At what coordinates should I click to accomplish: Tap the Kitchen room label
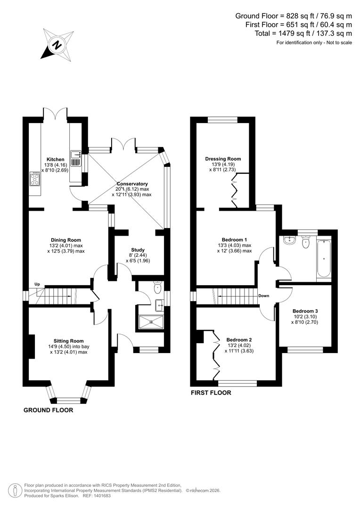pyautogui.click(x=55, y=159)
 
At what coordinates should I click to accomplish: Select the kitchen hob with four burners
pyautogui.click(x=35, y=179)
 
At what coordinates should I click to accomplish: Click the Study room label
pyautogui.click(x=138, y=250)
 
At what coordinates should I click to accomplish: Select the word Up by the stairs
pyautogui.click(x=37, y=284)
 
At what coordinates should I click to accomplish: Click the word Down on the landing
pyautogui.click(x=264, y=296)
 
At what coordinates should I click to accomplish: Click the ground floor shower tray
pyautogui.click(x=151, y=322)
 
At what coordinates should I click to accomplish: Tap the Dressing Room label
pyautogui.click(x=223, y=159)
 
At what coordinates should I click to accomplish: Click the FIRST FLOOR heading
pyautogui.click(x=211, y=393)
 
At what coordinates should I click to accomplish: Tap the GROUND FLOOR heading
pyautogui.click(x=49, y=410)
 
